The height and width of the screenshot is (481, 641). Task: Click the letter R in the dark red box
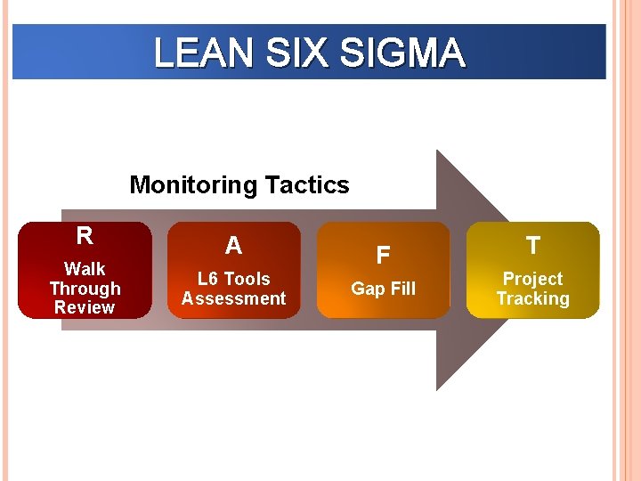tap(85, 236)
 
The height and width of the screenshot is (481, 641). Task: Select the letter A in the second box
tap(233, 245)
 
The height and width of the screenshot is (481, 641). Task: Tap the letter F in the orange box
tap(383, 256)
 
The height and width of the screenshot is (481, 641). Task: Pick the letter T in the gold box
tap(532, 246)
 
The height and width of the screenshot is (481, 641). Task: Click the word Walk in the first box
tap(85, 269)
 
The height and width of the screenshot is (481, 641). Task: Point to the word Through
tap(85, 289)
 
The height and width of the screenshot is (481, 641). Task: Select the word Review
tap(85, 307)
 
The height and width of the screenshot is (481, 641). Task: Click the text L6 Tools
tap(233, 279)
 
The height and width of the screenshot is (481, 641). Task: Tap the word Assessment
tap(233, 298)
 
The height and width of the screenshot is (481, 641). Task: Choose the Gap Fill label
tap(383, 289)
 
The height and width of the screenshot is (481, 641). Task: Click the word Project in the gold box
tap(532, 279)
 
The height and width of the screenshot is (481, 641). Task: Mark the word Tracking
tap(532, 298)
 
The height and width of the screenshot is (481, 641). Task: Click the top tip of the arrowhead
tap(437, 151)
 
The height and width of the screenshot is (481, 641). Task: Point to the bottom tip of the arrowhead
tap(437, 389)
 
